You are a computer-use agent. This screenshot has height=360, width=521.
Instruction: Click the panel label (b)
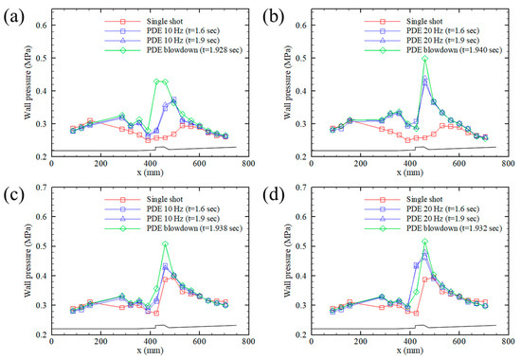275,13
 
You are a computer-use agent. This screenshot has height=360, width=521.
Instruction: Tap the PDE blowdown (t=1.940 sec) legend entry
453,46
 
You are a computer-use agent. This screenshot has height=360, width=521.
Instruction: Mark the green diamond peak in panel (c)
165,243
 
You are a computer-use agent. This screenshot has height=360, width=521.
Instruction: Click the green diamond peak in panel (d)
425,243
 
